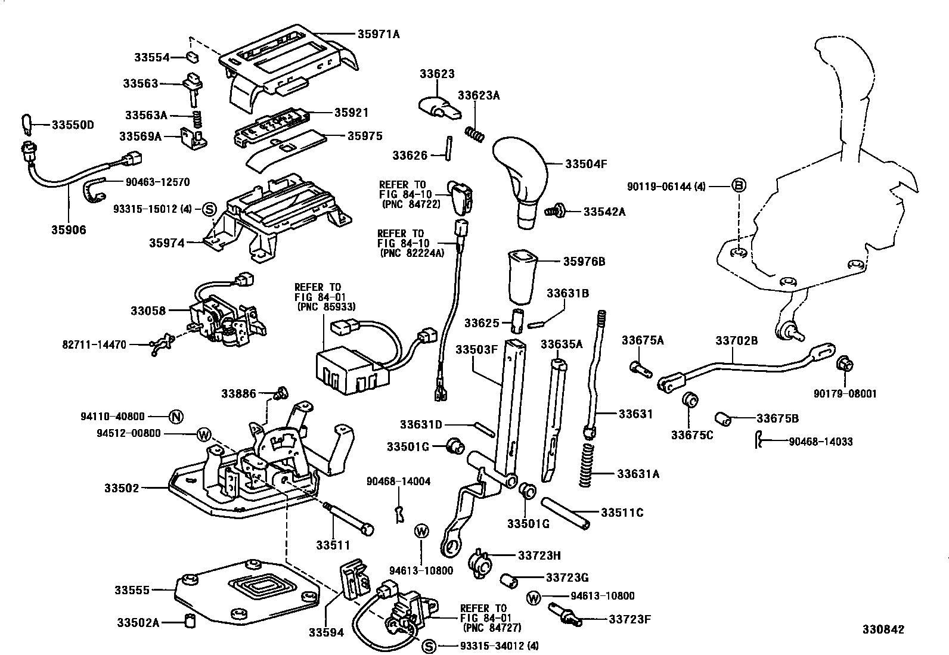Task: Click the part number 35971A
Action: click(379, 34)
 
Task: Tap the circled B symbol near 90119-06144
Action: click(739, 186)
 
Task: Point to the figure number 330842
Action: click(883, 629)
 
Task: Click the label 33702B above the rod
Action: click(736, 340)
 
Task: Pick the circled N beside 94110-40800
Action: click(175, 417)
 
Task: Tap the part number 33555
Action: click(132, 590)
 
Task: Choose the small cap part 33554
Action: click(193, 57)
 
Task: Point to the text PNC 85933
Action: click(326, 307)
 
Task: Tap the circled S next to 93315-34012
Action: click(428, 645)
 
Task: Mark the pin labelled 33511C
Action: click(566, 512)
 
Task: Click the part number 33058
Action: click(148, 311)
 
